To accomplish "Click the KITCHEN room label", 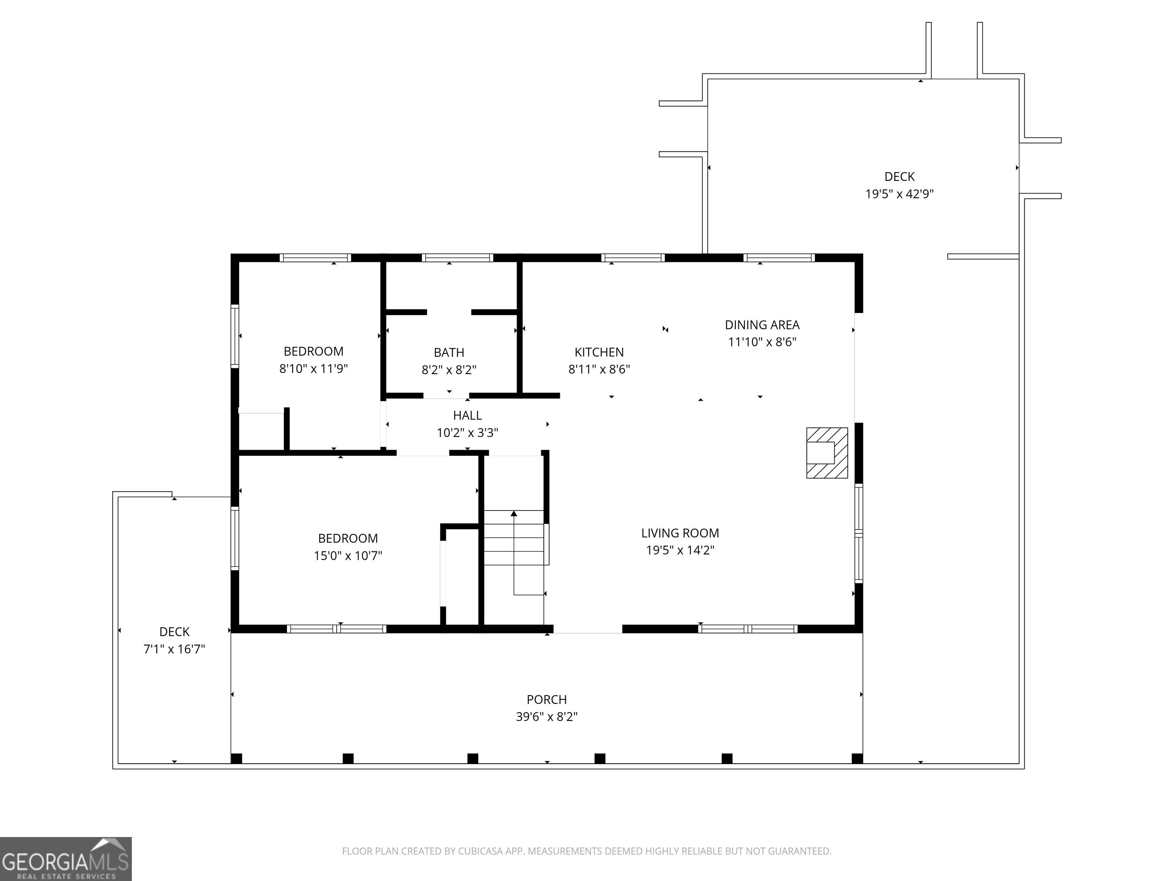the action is (x=599, y=352).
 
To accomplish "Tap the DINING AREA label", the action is (x=762, y=325).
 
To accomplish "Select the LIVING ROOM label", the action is (x=680, y=533).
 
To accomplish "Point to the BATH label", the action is (x=449, y=352).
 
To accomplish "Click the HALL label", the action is (x=467, y=415).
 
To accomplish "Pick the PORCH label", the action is (x=546, y=699).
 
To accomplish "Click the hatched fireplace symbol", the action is (x=827, y=452).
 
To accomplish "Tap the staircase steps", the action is (x=514, y=537).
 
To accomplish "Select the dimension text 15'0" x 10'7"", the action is (x=348, y=556).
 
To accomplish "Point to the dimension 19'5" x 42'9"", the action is (x=900, y=194).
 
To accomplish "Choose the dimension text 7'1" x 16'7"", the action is (x=174, y=649).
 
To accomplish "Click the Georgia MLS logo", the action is (x=66, y=859).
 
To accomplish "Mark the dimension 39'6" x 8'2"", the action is (x=546, y=716).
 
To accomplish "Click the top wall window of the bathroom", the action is (x=457, y=258).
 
